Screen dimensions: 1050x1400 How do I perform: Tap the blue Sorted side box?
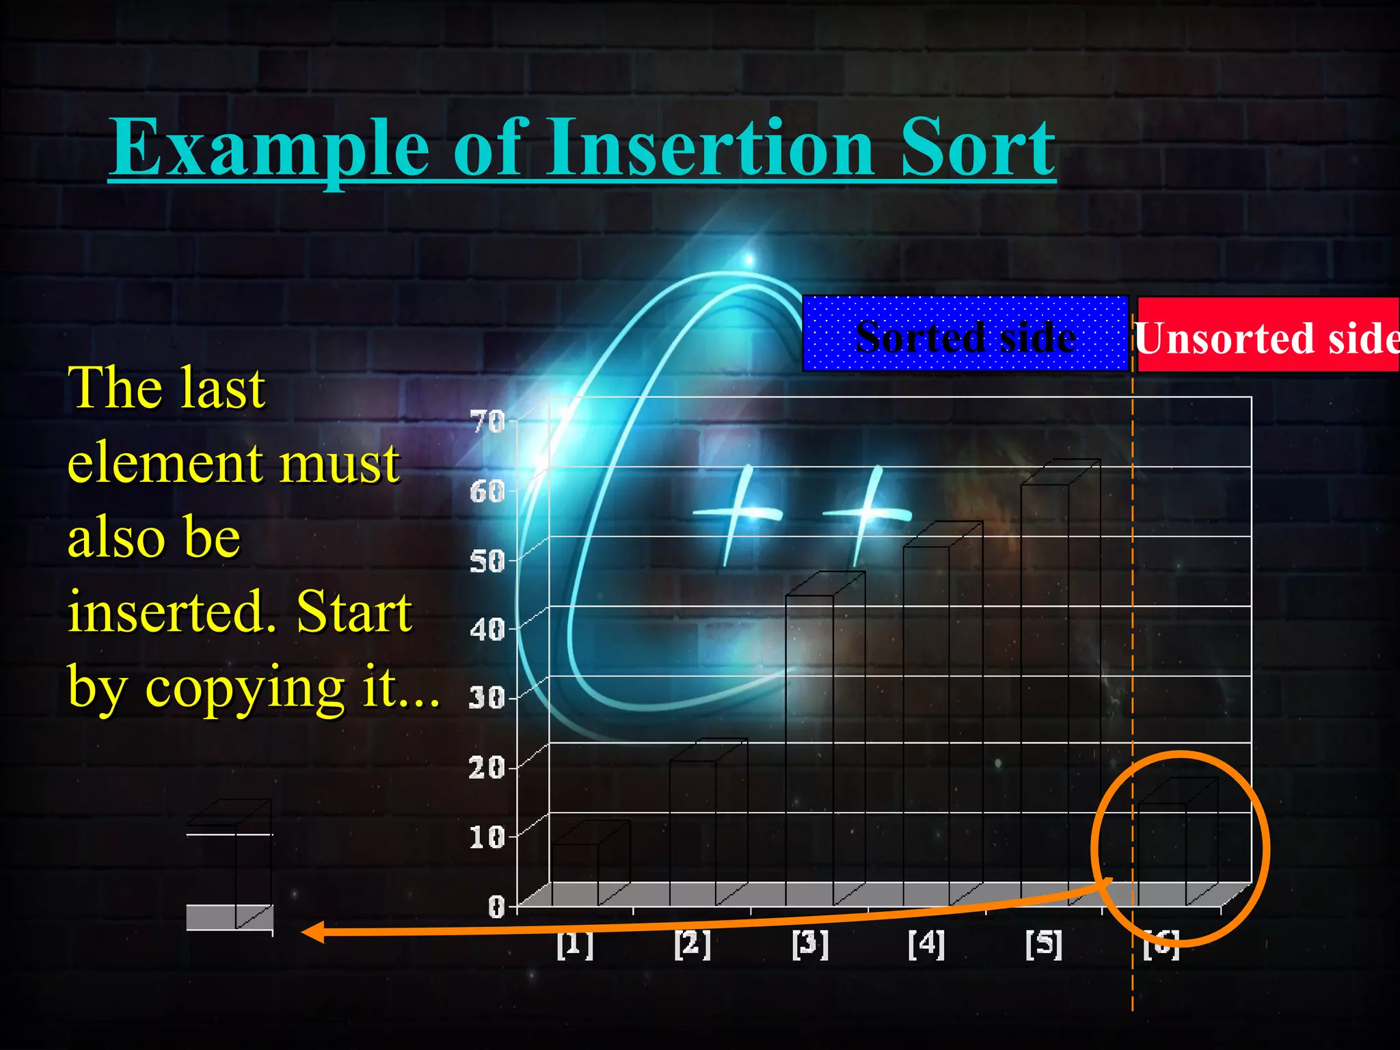point(965,334)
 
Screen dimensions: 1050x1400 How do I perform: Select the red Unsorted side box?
point(1267,336)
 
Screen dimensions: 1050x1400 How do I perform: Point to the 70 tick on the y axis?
point(487,422)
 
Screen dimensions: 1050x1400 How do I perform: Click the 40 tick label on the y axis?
point(487,630)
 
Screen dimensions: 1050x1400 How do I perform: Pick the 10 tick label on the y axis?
point(487,837)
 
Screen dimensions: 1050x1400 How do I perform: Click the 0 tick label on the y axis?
point(496,906)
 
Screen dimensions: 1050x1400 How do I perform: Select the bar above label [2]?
point(693,831)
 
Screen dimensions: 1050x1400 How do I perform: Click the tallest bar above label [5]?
point(1045,690)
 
